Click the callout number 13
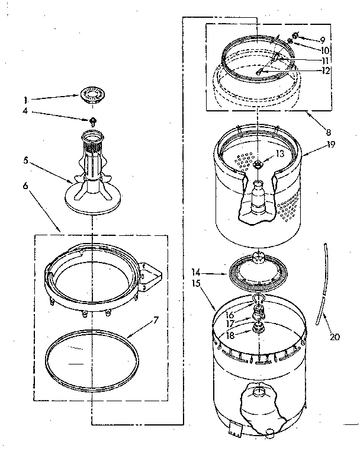pos(280,153)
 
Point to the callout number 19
pos(329,144)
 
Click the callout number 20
pos(335,337)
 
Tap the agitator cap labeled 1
pos(92,95)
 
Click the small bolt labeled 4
pos(93,120)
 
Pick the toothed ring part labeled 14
pos(255,272)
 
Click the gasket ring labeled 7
pos(89,356)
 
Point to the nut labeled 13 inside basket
pos(259,164)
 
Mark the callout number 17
pos(229,324)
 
